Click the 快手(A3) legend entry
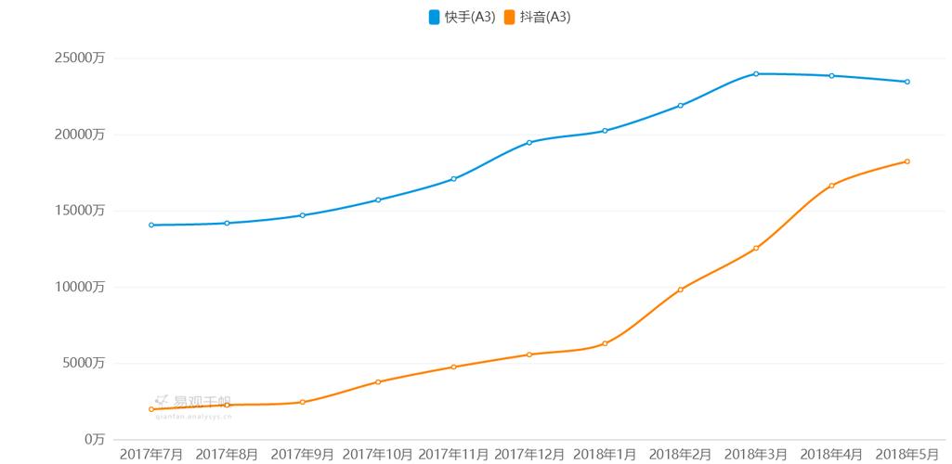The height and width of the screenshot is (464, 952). click(462, 17)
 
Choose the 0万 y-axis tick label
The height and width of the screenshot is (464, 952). click(95, 439)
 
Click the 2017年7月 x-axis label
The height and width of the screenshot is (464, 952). click(151, 454)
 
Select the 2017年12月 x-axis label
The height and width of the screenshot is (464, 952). click(529, 454)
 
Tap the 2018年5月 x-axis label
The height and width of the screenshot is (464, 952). click(907, 454)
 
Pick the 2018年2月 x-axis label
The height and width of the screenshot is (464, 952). click(681, 454)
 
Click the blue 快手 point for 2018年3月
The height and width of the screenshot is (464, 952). click(756, 73)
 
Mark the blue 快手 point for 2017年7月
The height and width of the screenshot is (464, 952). click(151, 225)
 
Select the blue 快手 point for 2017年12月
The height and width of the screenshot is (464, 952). click(529, 142)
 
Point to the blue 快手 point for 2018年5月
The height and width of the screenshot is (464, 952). click(907, 82)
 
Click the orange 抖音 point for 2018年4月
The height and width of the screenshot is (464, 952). click(831, 186)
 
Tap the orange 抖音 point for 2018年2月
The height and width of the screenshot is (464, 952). click(681, 290)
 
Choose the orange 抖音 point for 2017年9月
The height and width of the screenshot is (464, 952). click(303, 402)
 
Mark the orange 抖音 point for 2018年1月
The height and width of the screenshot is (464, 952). click(605, 343)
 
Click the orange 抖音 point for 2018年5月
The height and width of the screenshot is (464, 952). click(907, 161)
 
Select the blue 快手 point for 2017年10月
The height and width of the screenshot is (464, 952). click(378, 200)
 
